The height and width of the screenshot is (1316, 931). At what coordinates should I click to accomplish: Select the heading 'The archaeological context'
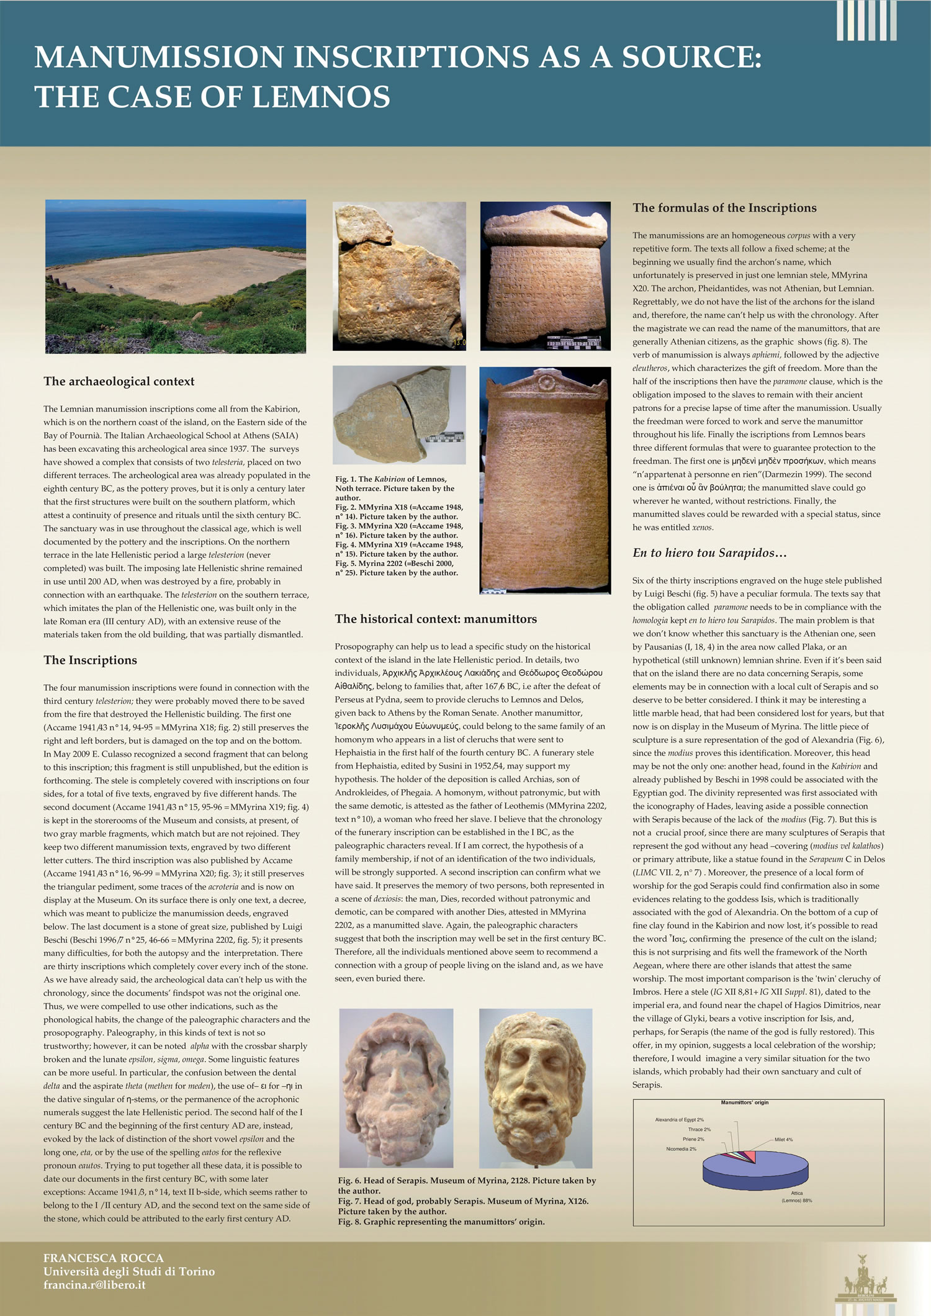coord(119,382)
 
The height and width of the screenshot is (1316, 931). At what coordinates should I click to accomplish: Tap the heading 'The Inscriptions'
coord(91,660)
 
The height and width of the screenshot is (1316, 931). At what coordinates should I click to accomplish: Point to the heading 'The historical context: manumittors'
coord(436,619)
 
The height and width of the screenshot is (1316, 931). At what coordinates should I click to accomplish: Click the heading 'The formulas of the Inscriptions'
coord(724,209)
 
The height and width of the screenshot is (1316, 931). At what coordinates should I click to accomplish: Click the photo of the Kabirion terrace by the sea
coord(176,277)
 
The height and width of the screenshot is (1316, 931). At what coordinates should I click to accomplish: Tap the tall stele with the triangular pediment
coord(546,480)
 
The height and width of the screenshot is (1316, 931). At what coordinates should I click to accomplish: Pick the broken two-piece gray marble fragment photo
coord(399,415)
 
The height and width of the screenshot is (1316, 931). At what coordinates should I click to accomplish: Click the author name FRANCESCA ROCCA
coord(104,1258)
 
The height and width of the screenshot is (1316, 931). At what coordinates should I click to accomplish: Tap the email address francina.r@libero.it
coord(94,1285)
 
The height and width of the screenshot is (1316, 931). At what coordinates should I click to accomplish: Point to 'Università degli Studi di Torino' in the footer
coord(129,1272)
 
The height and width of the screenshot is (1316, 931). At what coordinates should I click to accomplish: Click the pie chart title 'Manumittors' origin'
coord(744,1103)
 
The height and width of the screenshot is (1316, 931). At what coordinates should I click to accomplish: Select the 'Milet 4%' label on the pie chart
coord(783,1140)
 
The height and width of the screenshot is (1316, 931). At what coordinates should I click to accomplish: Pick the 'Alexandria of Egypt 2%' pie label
coord(679,1120)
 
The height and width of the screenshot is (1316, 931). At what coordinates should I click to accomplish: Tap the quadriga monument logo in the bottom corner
coord(866,1279)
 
